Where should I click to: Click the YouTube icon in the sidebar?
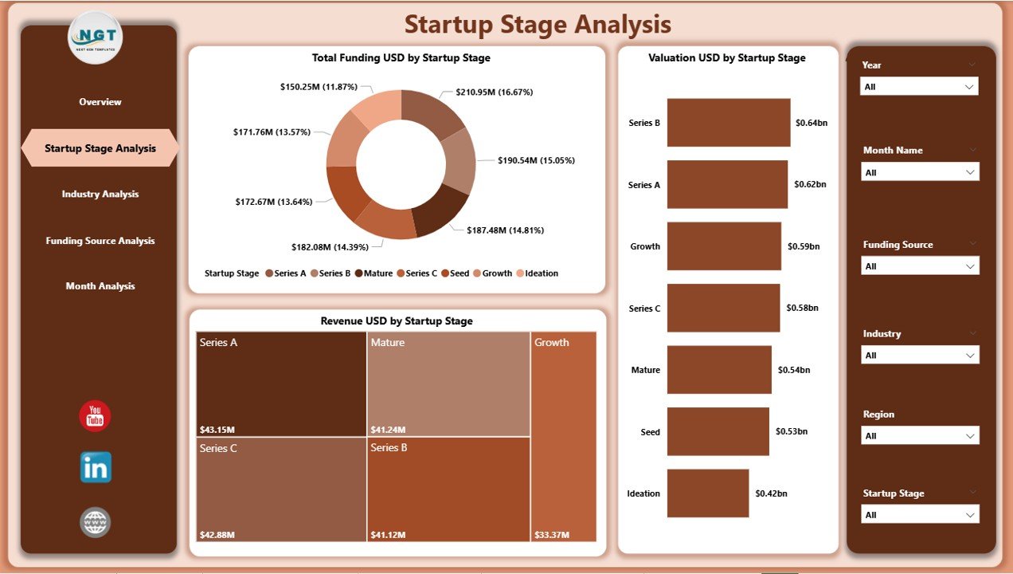click(x=95, y=416)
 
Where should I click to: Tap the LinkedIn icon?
click(x=96, y=468)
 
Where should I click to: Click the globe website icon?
click(x=96, y=522)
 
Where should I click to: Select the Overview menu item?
click(x=100, y=102)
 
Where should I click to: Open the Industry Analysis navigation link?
click(x=100, y=195)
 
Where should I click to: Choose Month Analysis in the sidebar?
click(x=100, y=286)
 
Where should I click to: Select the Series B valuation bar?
click(x=728, y=123)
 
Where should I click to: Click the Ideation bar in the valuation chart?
click(x=708, y=493)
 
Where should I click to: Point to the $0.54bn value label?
click(x=794, y=370)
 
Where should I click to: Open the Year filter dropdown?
click(x=919, y=87)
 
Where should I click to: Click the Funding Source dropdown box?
click(x=919, y=266)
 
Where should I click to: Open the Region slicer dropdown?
click(x=919, y=436)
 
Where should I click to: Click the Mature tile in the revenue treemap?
click(x=448, y=383)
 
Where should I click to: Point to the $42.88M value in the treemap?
click(x=217, y=533)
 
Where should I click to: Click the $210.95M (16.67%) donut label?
click(x=495, y=92)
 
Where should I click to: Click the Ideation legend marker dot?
click(x=519, y=273)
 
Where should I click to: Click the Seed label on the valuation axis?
click(x=650, y=432)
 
